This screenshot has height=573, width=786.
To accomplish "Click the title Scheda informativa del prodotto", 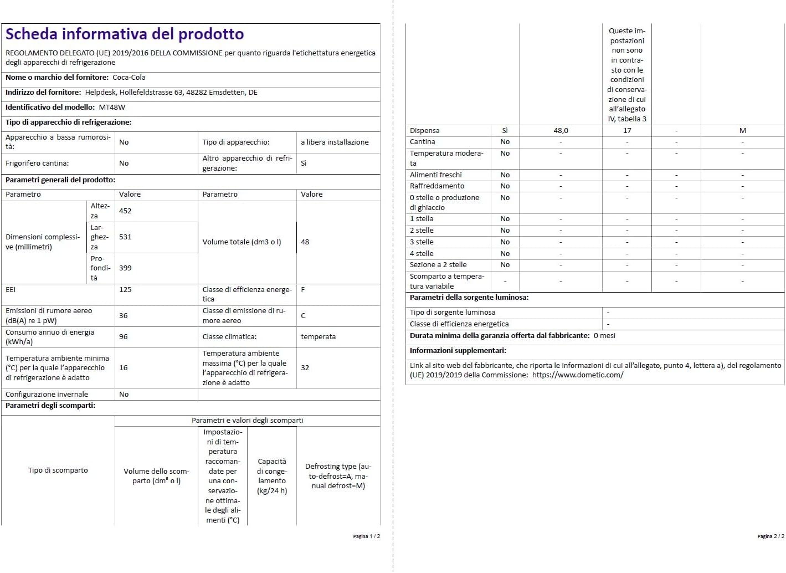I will (x=125, y=34).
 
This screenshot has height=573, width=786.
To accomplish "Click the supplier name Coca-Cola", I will (x=129, y=78).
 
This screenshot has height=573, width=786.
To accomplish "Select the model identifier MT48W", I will (x=112, y=108).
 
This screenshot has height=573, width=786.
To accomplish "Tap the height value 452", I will (x=125, y=211).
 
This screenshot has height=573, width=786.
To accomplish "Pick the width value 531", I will (x=125, y=237).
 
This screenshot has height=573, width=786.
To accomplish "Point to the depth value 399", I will (x=125, y=268).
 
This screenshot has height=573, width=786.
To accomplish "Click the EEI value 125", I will (x=125, y=290).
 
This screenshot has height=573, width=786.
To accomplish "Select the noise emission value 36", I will (x=124, y=316).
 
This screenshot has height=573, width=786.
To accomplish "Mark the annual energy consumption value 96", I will (x=124, y=337).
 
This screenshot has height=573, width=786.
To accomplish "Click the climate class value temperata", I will (x=318, y=337).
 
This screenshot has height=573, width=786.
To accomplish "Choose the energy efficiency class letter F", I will (x=303, y=290).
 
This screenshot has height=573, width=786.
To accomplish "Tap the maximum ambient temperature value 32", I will (x=305, y=368).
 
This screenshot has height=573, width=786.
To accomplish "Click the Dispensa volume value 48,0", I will (x=561, y=131).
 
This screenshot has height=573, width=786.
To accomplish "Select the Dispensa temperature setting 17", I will (x=627, y=131).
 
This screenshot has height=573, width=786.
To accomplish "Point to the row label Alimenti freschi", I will (x=435, y=175).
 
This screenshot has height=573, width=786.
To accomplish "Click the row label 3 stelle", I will (x=422, y=242).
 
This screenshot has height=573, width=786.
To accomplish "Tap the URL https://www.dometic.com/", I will (x=578, y=375).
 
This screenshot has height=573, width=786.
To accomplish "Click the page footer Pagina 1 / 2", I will (x=366, y=536).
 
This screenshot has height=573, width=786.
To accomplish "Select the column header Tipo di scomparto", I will (x=58, y=470).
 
